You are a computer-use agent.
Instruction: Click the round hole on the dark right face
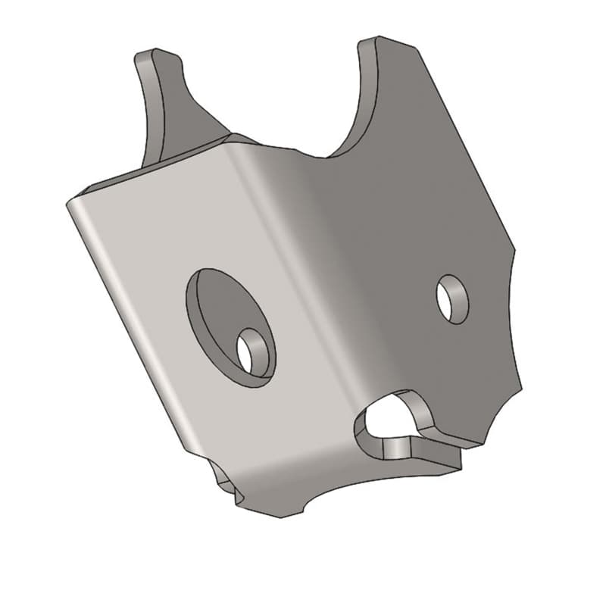click(452, 298)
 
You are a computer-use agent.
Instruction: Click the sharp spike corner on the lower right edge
click(520, 386)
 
